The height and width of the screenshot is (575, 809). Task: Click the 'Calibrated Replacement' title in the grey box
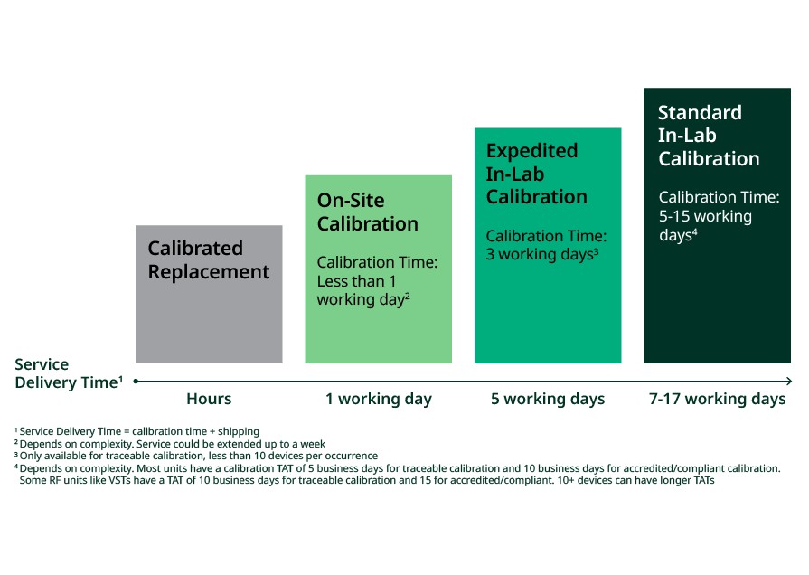click(x=209, y=259)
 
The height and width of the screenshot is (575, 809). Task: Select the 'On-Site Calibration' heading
click(x=367, y=212)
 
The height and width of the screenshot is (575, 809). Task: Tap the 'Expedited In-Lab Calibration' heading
click(x=537, y=174)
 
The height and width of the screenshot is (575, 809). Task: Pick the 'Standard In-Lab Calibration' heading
click(x=709, y=136)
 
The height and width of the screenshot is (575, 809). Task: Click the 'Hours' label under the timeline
click(x=209, y=399)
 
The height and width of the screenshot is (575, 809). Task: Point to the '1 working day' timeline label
click(x=379, y=399)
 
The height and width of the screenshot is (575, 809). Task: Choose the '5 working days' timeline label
click(x=548, y=399)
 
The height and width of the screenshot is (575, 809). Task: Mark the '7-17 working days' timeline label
click(x=717, y=399)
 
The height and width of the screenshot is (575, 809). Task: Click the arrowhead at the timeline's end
click(x=789, y=381)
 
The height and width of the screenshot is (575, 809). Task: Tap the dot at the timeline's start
click(x=136, y=381)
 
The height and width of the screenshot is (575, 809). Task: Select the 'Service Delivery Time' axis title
click(x=69, y=373)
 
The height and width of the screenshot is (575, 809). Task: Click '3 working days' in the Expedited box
click(x=541, y=254)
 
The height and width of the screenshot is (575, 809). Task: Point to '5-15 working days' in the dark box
click(x=705, y=225)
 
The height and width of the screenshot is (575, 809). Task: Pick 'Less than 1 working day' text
click(x=363, y=290)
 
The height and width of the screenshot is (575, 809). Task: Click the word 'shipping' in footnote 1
click(x=239, y=431)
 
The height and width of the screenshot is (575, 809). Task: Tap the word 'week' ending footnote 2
click(x=313, y=444)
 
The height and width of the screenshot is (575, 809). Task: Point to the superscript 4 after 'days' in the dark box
click(x=694, y=232)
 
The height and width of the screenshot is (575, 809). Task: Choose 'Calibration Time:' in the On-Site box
click(x=377, y=262)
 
